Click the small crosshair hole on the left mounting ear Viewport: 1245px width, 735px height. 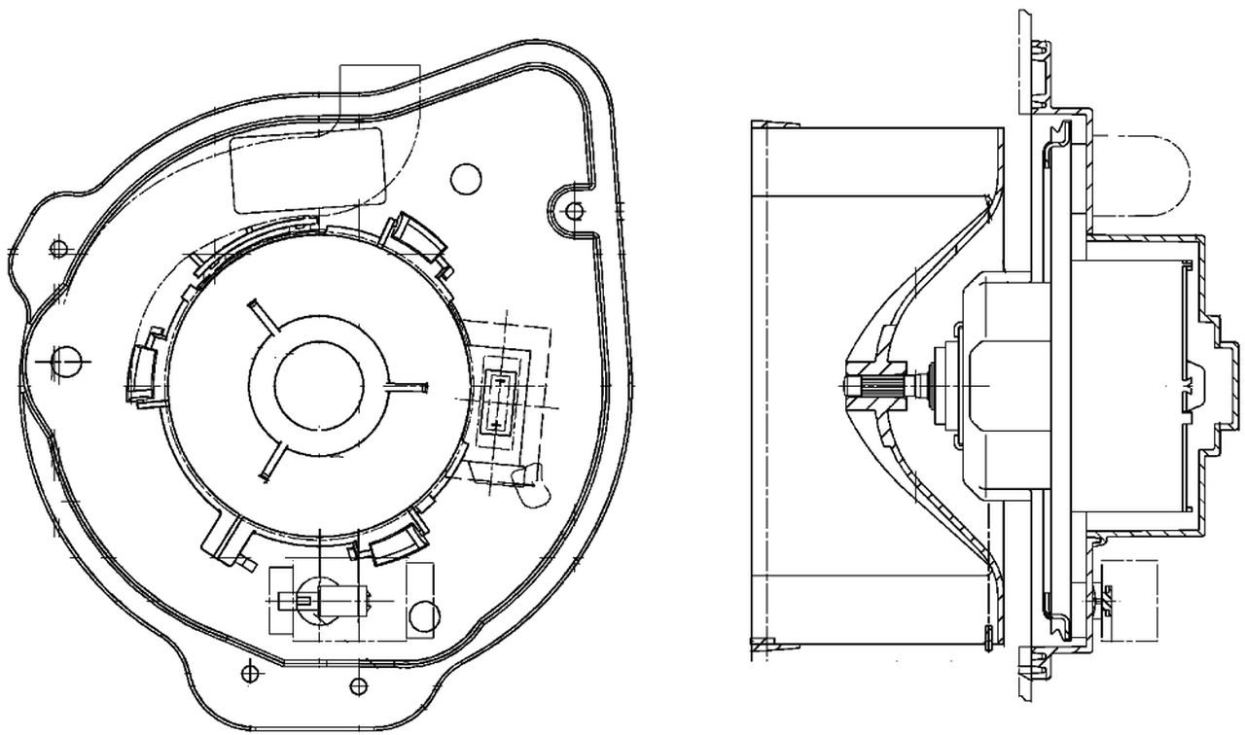click(57, 248)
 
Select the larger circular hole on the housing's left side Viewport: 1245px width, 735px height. click(65, 361)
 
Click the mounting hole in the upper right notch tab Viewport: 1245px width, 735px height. click(575, 209)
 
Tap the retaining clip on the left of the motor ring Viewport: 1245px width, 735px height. click(141, 370)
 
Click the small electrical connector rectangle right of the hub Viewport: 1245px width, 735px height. click(498, 400)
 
